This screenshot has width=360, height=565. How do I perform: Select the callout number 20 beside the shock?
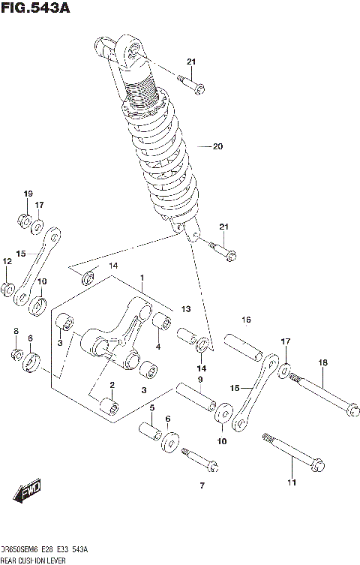tap(218, 146)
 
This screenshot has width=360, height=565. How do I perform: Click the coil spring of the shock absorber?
tap(160, 150)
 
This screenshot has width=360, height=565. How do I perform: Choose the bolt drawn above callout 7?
tap(199, 458)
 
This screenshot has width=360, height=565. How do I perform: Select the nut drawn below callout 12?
tap(7, 289)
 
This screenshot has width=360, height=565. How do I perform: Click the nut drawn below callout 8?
tap(16, 354)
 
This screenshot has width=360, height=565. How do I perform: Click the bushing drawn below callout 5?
tap(150, 434)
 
